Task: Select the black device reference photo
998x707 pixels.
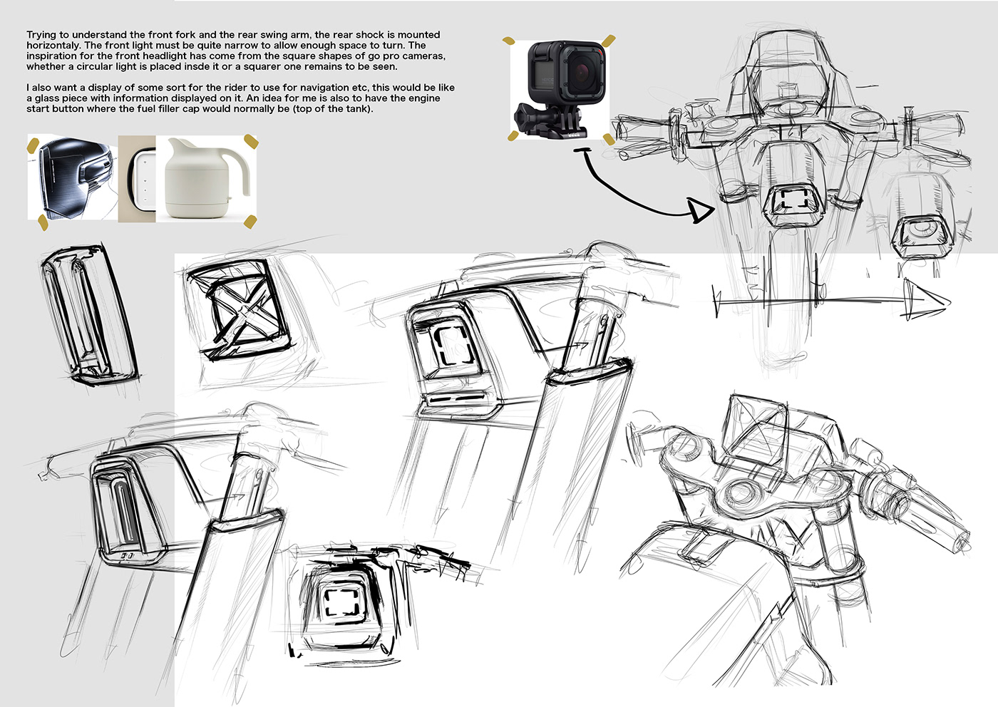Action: point(72,177)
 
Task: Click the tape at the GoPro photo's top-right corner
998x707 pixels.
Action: point(608,41)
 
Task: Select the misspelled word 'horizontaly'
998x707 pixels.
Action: point(54,46)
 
